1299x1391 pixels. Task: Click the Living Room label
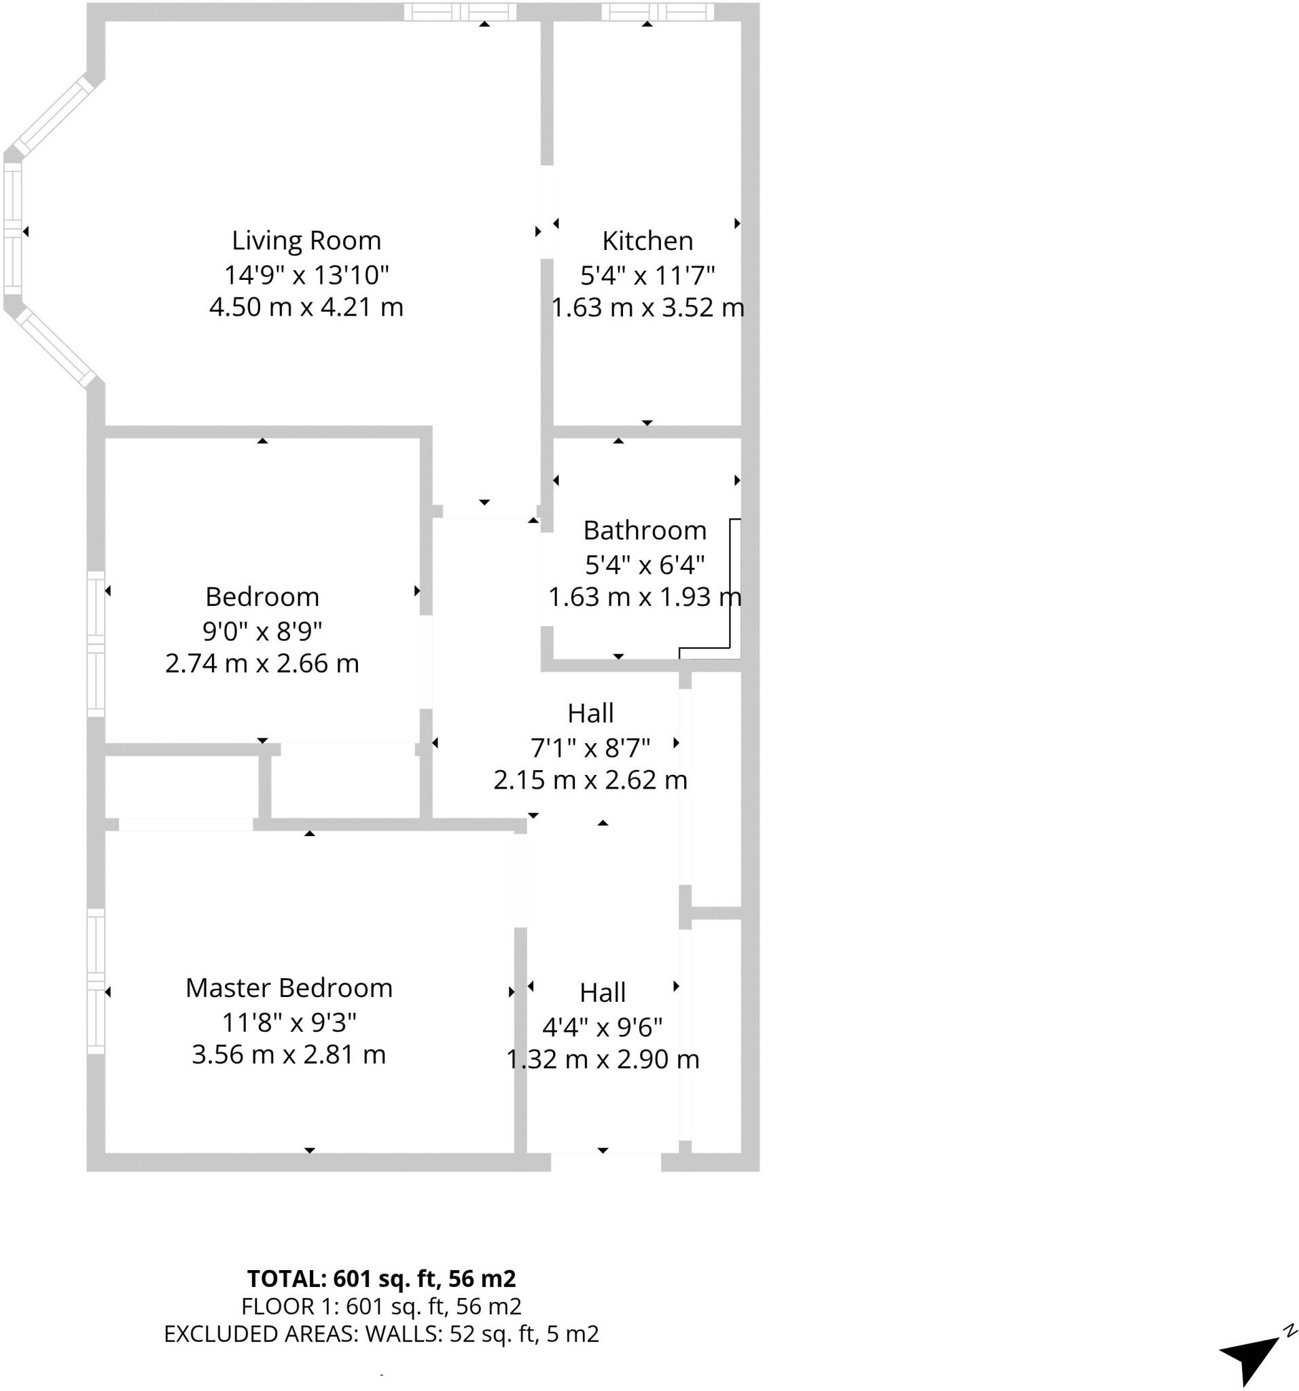tap(306, 240)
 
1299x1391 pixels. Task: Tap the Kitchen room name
tap(647, 240)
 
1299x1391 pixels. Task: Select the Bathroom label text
tap(645, 530)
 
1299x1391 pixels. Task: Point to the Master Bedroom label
tap(288, 988)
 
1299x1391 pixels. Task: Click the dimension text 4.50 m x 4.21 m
tap(306, 307)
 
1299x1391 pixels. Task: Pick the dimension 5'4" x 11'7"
tap(647, 275)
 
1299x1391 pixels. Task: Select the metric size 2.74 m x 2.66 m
tap(262, 664)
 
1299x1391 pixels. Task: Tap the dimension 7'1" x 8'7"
tap(590, 748)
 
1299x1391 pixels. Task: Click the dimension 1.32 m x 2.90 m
tap(603, 1060)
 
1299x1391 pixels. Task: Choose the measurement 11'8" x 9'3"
tap(288, 1023)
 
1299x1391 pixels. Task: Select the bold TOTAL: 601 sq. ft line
tap(381, 1279)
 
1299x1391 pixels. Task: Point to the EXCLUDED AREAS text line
tap(381, 1335)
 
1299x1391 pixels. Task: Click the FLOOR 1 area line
tap(381, 1306)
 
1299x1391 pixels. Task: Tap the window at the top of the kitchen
tap(657, 12)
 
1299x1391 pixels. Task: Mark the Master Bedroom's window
tap(96, 981)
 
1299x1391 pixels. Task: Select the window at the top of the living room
tap(460, 12)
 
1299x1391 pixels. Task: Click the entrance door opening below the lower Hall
tap(605, 1162)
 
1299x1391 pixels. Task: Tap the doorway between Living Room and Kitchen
tap(547, 211)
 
